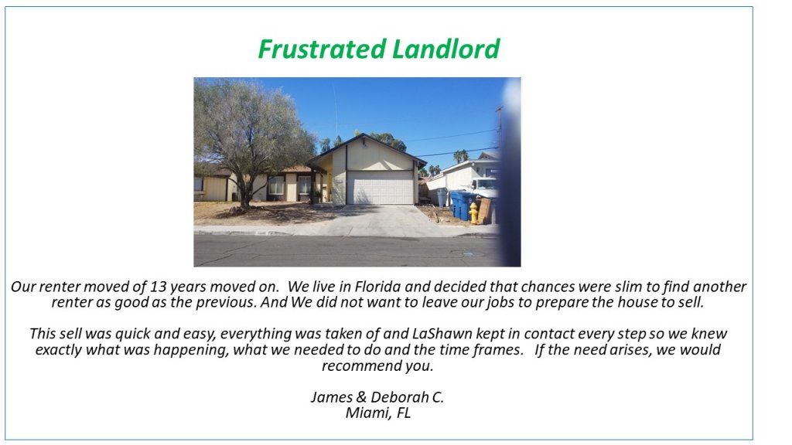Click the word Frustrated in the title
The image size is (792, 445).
322,49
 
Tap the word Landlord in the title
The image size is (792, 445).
445,49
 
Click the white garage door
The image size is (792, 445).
381,187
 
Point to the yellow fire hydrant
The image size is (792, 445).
473,213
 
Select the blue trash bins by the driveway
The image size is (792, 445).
462,205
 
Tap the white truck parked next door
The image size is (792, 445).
486,187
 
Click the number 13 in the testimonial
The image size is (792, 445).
158,287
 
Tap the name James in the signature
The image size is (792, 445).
331,397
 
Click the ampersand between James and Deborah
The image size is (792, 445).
361,397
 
